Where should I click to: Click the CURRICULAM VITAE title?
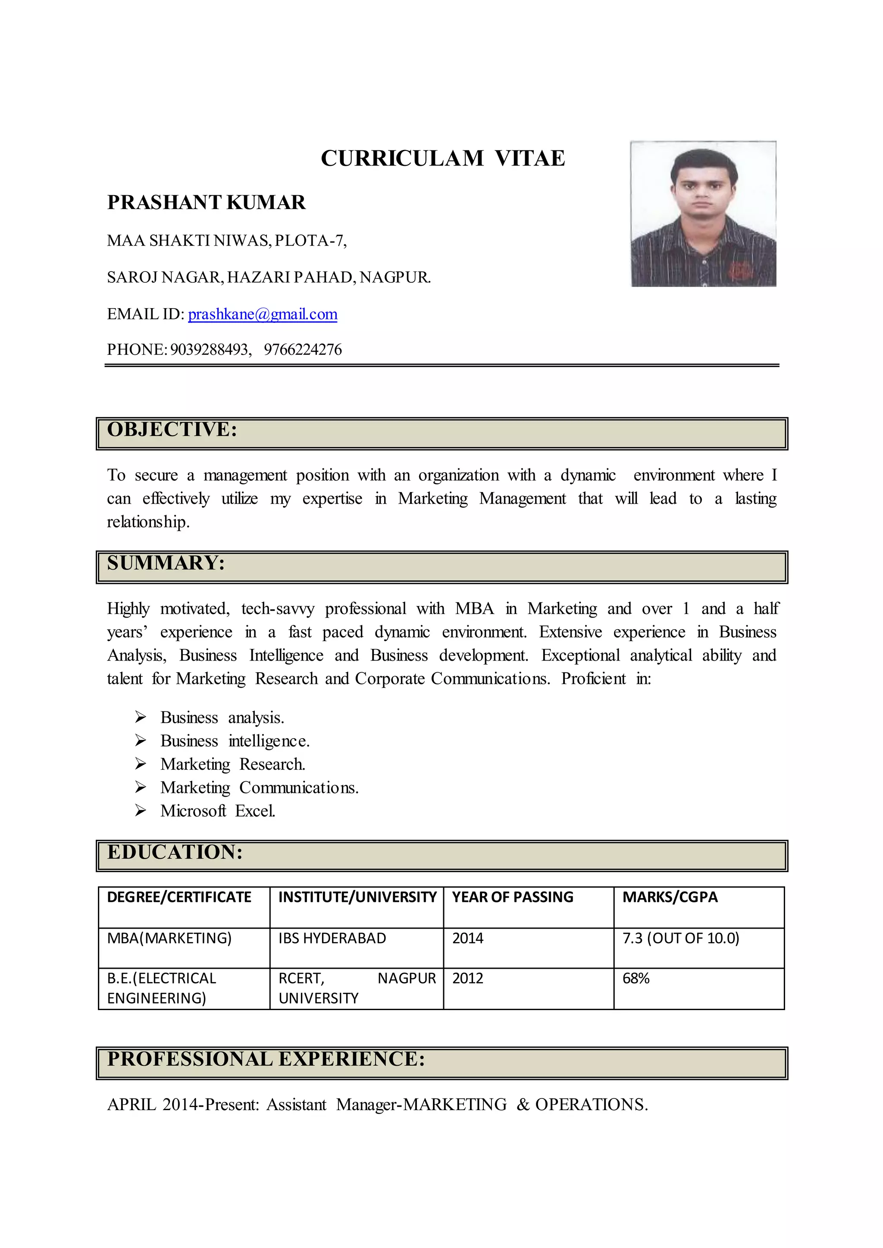pos(443,158)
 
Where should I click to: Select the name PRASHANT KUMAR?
pos(206,202)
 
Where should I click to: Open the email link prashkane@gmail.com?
pos(263,314)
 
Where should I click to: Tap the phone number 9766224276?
pos(303,349)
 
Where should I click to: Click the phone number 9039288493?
pos(210,349)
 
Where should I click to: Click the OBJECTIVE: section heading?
pos(172,429)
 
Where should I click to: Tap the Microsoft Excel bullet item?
pos(217,811)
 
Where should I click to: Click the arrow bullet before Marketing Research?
pos(140,764)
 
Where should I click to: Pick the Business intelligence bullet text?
pos(235,741)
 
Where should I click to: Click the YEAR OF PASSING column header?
pos(512,897)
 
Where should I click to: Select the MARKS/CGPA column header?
pos(670,897)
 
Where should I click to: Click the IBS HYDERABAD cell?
pos(332,938)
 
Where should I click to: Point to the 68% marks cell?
pos(636,978)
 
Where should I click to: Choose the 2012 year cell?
pos(468,978)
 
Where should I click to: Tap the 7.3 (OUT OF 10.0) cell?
pos(681,938)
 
